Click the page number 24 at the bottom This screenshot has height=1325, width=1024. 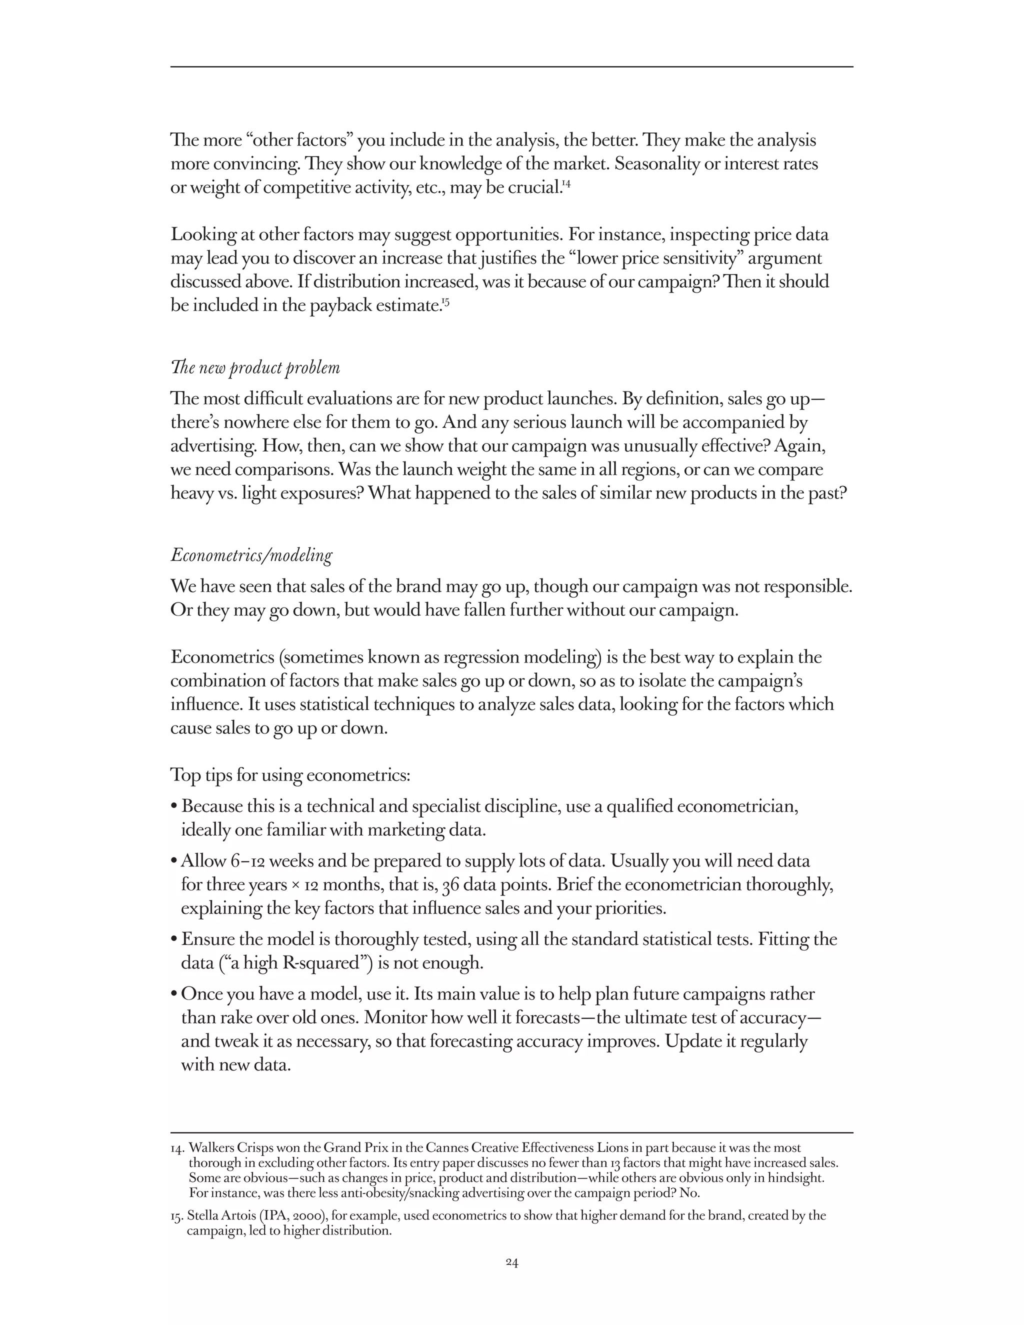pyautogui.click(x=511, y=1262)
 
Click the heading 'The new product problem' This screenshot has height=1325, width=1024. pyautogui.click(x=255, y=368)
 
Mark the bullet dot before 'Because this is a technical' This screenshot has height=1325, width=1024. pyautogui.click(x=174, y=807)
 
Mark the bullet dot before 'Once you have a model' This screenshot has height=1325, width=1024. pyautogui.click(x=174, y=994)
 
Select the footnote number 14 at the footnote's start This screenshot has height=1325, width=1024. pyautogui.click(x=177, y=1148)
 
